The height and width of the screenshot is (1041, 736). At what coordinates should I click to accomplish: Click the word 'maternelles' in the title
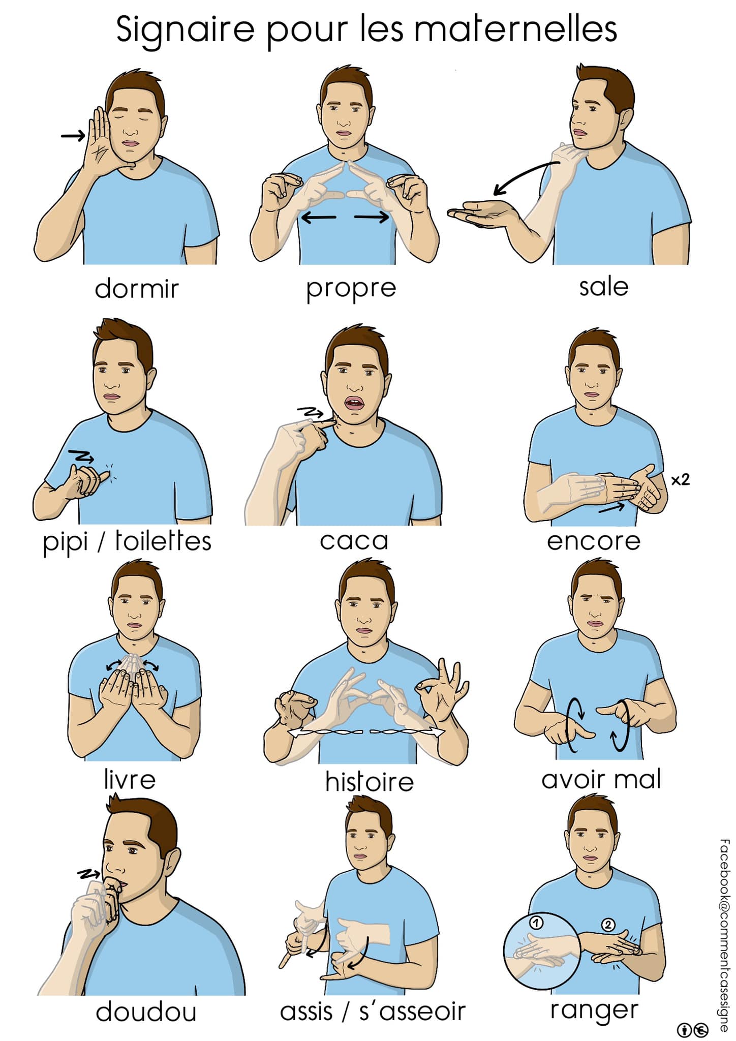(515, 29)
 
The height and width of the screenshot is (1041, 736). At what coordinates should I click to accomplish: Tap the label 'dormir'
(137, 288)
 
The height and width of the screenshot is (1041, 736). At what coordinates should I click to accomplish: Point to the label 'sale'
(604, 287)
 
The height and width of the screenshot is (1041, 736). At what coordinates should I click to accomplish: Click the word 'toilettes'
(163, 540)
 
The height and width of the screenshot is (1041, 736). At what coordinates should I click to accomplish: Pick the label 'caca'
(354, 541)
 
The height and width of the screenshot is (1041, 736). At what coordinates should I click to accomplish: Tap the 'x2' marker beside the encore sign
(680, 479)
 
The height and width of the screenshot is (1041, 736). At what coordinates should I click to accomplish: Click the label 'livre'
(130, 779)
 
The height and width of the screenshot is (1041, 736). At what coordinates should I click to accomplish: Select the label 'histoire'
(370, 781)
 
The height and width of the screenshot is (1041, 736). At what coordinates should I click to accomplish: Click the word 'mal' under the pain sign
(635, 779)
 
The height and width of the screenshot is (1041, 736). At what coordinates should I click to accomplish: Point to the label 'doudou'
(146, 1012)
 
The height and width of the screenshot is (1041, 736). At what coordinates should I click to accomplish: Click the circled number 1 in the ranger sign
(536, 923)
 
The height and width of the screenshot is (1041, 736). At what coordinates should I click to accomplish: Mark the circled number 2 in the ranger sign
(608, 925)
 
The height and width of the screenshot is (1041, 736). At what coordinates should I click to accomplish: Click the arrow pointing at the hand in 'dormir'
(73, 136)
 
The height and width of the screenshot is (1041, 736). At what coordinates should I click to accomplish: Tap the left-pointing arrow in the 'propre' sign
(319, 218)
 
